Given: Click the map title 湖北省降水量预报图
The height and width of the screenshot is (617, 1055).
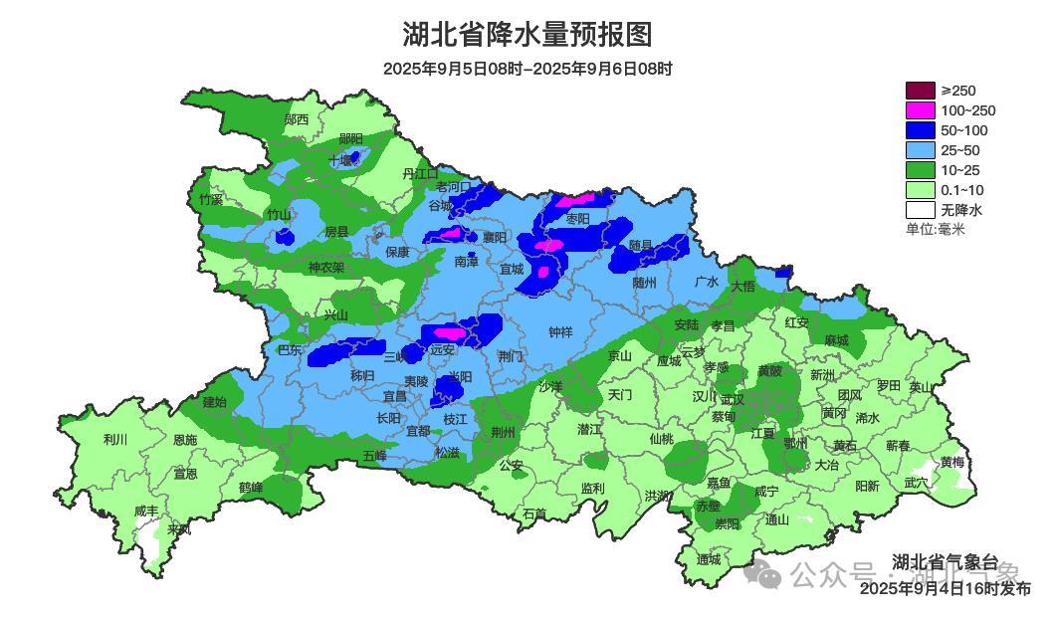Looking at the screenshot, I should click(x=527, y=35).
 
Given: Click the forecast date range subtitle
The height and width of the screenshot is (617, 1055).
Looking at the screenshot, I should click(x=527, y=69).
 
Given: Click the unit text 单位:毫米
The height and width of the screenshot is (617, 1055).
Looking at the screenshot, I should click(x=935, y=229).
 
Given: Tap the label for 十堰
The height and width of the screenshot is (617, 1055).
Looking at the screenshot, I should click(x=342, y=160).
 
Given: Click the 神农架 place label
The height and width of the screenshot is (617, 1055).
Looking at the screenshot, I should click(x=325, y=267).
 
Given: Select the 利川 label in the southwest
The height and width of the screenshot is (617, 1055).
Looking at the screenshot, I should click(x=115, y=439).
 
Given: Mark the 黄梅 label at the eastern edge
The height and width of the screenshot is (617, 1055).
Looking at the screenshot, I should click(x=951, y=462).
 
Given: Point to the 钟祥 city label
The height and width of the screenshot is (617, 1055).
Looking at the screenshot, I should click(x=560, y=333).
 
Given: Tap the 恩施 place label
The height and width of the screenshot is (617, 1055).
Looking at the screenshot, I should click(x=184, y=439).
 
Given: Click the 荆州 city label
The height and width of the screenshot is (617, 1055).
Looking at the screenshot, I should click(x=504, y=432).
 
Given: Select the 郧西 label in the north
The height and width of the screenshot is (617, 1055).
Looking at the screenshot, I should click(x=296, y=119).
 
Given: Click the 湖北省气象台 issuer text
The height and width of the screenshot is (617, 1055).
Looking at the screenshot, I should click(x=945, y=561).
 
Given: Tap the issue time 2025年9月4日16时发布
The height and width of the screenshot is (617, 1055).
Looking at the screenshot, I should click(x=945, y=588).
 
